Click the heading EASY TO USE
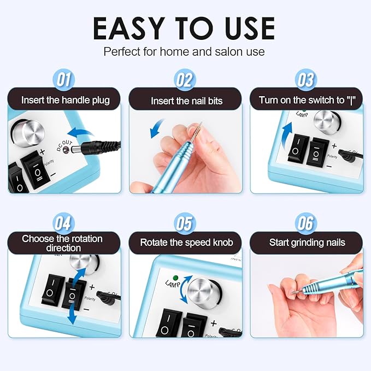(x=185, y=28)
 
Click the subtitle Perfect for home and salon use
(x=185, y=52)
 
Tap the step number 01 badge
(x=64, y=80)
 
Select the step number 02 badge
(x=185, y=80)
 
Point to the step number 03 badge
(x=305, y=80)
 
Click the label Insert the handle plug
(x=65, y=101)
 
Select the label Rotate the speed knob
(x=185, y=242)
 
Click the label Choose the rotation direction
(x=64, y=243)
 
